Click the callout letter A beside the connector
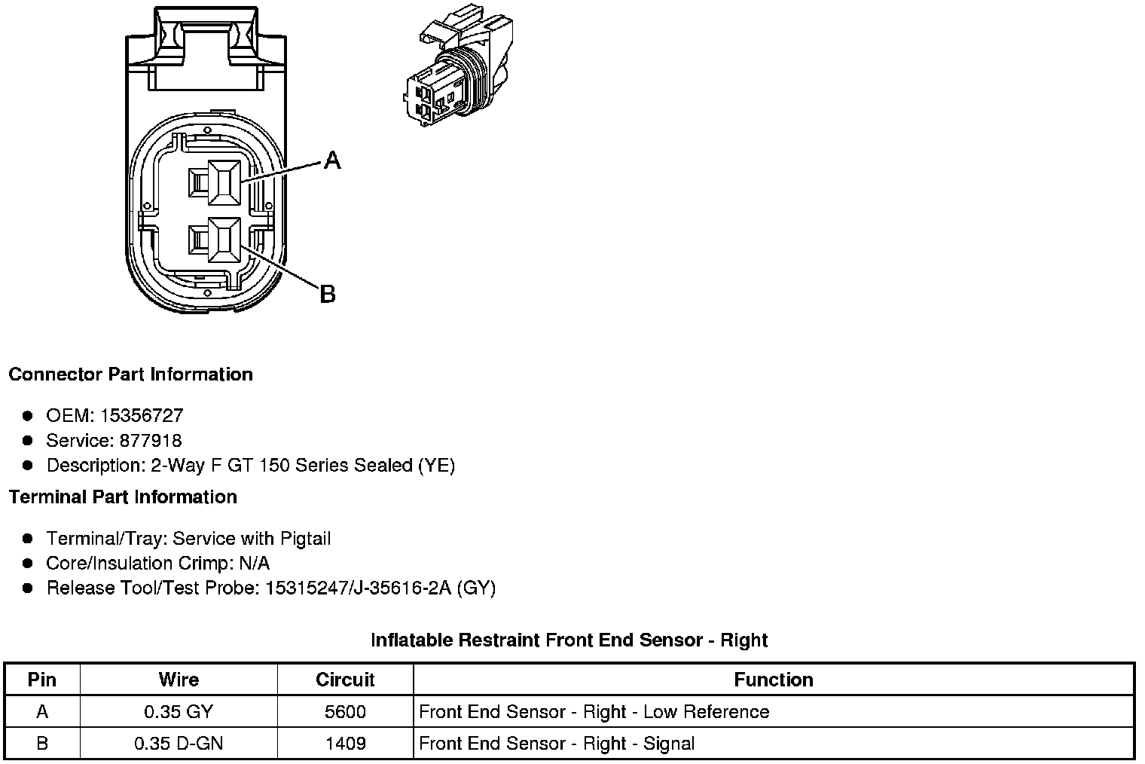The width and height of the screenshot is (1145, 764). coord(332,160)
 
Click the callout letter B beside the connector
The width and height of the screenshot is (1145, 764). coord(327,293)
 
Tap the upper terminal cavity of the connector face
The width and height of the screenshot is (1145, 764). coord(223,182)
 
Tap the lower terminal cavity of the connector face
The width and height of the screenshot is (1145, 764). coord(223,240)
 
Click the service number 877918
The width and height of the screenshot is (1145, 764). coord(151,440)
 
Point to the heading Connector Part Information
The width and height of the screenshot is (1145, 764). coord(130,374)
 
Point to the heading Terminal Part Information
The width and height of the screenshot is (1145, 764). coord(123,497)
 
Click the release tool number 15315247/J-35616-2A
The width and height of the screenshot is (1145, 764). coord(358,588)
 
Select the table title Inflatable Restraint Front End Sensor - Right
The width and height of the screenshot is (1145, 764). coord(569,640)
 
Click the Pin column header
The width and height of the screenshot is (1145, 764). coord(42,680)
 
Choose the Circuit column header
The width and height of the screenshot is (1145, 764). coord(345,680)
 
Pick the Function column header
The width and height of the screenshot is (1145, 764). coord(773,680)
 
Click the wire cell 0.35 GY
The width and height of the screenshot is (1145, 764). coord(179,712)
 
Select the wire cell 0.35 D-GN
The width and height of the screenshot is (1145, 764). coord(179,744)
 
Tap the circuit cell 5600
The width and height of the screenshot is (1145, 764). coord(345,712)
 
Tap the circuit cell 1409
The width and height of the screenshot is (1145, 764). coord(345,744)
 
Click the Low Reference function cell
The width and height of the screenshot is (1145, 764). coord(594,712)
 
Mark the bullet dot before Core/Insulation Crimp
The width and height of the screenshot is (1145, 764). coord(28,563)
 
